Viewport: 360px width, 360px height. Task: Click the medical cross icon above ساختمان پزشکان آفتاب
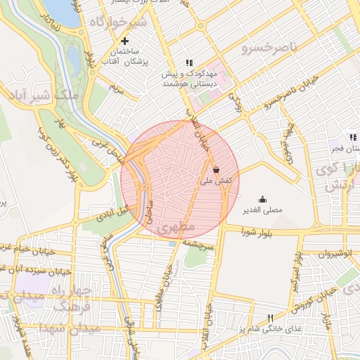coord(124,41)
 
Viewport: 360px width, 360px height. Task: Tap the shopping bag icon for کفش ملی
coord(216,169)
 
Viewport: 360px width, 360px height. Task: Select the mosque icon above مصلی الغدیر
coord(263,199)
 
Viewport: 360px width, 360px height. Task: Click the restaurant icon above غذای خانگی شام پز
coord(269,318)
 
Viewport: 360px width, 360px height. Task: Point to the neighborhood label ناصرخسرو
coord(264,47)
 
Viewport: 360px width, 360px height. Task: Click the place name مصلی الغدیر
coord(263,210)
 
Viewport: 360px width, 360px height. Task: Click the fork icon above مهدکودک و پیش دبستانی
coord(188,62)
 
